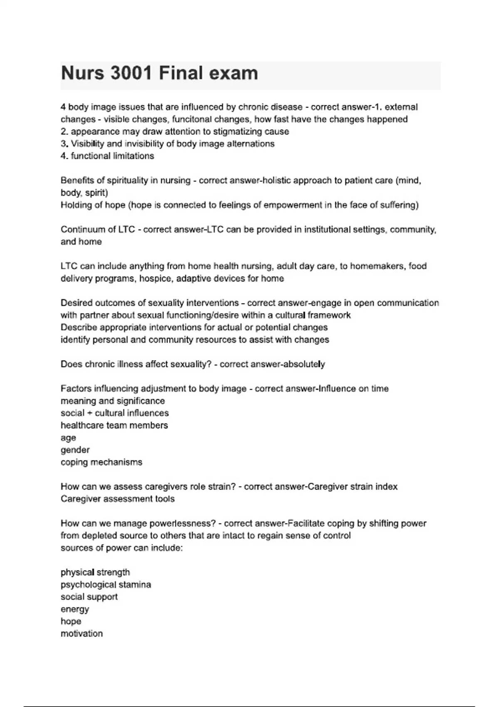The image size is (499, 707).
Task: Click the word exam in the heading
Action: click(x=233, y=73)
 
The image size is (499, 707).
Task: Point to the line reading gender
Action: click(x=75, y=450)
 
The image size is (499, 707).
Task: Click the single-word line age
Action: click(x=68, y=438)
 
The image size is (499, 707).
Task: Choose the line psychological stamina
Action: click(x=106, y=585)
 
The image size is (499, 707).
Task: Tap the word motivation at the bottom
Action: click(x=82, y=634)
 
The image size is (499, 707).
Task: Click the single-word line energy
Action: click(x=75, y=609)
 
